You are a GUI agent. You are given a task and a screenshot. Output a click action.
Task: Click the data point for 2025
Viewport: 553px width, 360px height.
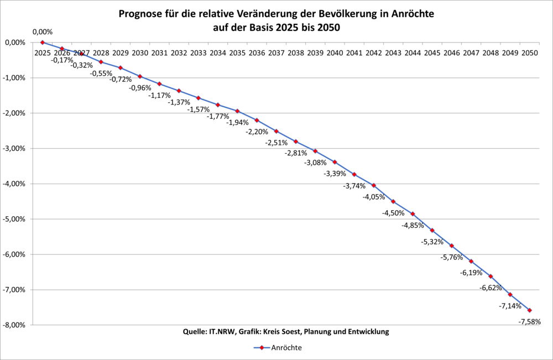[42, 42]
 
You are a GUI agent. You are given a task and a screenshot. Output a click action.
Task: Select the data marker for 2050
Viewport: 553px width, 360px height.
[529, 310]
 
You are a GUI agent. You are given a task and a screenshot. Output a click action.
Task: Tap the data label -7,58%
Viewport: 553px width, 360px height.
[529, 321]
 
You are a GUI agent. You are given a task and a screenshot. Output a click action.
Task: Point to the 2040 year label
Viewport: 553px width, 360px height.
[335, 53]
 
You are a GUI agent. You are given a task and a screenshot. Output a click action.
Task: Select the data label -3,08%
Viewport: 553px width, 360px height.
[315, 163]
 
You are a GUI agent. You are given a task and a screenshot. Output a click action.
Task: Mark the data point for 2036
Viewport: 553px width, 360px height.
[257, 120]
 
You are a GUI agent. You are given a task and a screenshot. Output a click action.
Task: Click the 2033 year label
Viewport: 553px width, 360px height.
[198, 53]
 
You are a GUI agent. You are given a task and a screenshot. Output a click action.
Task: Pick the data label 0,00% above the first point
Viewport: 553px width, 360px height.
[43, 32]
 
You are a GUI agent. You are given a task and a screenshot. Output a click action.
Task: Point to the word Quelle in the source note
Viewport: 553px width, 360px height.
[194, 332]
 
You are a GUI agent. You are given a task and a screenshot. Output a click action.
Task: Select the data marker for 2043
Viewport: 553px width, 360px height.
[393, 201]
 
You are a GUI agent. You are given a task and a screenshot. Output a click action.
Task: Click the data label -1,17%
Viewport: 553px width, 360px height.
[159, 95]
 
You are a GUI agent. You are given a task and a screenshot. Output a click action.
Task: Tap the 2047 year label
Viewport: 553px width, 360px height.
[471, 53]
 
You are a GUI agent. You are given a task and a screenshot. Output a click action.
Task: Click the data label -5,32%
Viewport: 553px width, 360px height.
[432, 242]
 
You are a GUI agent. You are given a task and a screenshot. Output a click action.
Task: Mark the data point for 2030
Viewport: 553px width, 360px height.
[140, 76]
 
